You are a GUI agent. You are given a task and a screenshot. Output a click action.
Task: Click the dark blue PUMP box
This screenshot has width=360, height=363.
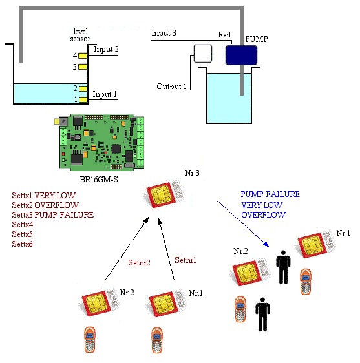point(241,55)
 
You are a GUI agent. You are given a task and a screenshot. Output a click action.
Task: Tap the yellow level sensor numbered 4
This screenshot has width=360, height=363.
point(83,56)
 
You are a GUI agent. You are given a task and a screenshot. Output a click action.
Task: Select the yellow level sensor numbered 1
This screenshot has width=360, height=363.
point(83,99)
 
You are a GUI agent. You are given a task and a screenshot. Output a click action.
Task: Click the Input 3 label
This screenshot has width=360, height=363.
point(164,33)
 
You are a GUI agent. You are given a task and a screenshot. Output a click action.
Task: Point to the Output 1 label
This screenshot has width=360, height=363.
point(171,87)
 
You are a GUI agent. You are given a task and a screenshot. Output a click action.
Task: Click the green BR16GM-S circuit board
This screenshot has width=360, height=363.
point(99,142)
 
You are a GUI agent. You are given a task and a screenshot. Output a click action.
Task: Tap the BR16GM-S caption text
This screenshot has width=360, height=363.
point(99,180)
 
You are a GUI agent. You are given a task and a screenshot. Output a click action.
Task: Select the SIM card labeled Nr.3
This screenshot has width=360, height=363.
point(165,194)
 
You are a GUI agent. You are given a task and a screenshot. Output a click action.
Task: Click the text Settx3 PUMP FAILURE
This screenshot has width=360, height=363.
point(53,215)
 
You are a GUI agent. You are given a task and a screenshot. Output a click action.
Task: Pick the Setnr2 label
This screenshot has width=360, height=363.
point(139,263)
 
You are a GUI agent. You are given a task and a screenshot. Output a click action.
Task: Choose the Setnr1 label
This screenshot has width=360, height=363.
point(185,260)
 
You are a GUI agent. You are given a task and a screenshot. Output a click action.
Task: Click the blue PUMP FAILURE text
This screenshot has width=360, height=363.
point(270,194)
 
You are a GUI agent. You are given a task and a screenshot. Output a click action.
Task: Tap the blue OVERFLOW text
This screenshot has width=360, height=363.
point(264,215)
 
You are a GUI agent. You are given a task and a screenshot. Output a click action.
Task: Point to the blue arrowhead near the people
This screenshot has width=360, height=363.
point(266,244)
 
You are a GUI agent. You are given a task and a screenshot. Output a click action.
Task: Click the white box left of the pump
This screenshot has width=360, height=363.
point(203,54)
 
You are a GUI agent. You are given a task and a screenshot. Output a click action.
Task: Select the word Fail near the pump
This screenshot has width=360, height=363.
point(224,35)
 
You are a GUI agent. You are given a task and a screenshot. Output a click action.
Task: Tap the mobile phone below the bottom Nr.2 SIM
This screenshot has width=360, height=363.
point(90,340)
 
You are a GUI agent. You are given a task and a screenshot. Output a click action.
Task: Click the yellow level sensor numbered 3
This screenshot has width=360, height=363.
point(83,67)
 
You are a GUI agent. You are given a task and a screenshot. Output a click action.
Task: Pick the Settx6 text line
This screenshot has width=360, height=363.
point(22,244)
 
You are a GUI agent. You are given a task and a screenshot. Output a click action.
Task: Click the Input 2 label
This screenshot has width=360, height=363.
point(106,49)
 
